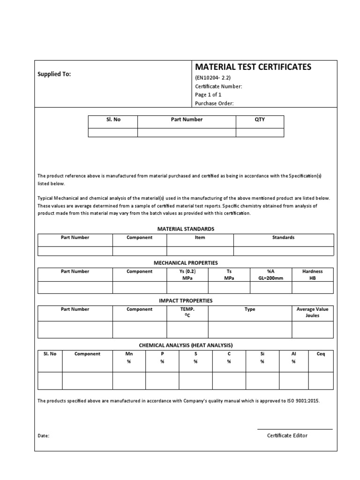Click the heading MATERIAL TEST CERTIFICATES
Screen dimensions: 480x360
tap(253, 67)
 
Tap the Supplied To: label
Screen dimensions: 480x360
tap(54, 74)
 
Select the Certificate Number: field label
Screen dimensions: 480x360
tap(218, 86)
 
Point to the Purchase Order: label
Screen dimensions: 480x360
tap(214, 104)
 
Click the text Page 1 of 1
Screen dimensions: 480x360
tap(208, 95)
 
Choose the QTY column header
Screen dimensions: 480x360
tap(260, 120)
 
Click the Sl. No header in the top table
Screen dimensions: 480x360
tap(113, 120)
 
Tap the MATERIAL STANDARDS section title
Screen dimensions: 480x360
tap(186, 229)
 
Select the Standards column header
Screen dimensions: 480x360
tap(283, 238)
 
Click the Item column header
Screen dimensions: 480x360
tap(200, 238)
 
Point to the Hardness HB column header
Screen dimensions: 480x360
tap(313, 275)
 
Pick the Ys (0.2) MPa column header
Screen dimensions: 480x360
tap(187, 275)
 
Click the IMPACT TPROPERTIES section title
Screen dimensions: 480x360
tap(186, 300)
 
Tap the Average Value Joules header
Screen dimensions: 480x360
tap(313, 313)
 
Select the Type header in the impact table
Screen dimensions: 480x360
tap(250, 309)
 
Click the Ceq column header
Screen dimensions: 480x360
tap(321, 354)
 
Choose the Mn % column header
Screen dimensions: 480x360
tap(129, 358)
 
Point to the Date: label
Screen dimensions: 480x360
tap(44, 435)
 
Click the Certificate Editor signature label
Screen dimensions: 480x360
tap(287, 435)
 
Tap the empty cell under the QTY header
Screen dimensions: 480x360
tap(260, 132)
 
